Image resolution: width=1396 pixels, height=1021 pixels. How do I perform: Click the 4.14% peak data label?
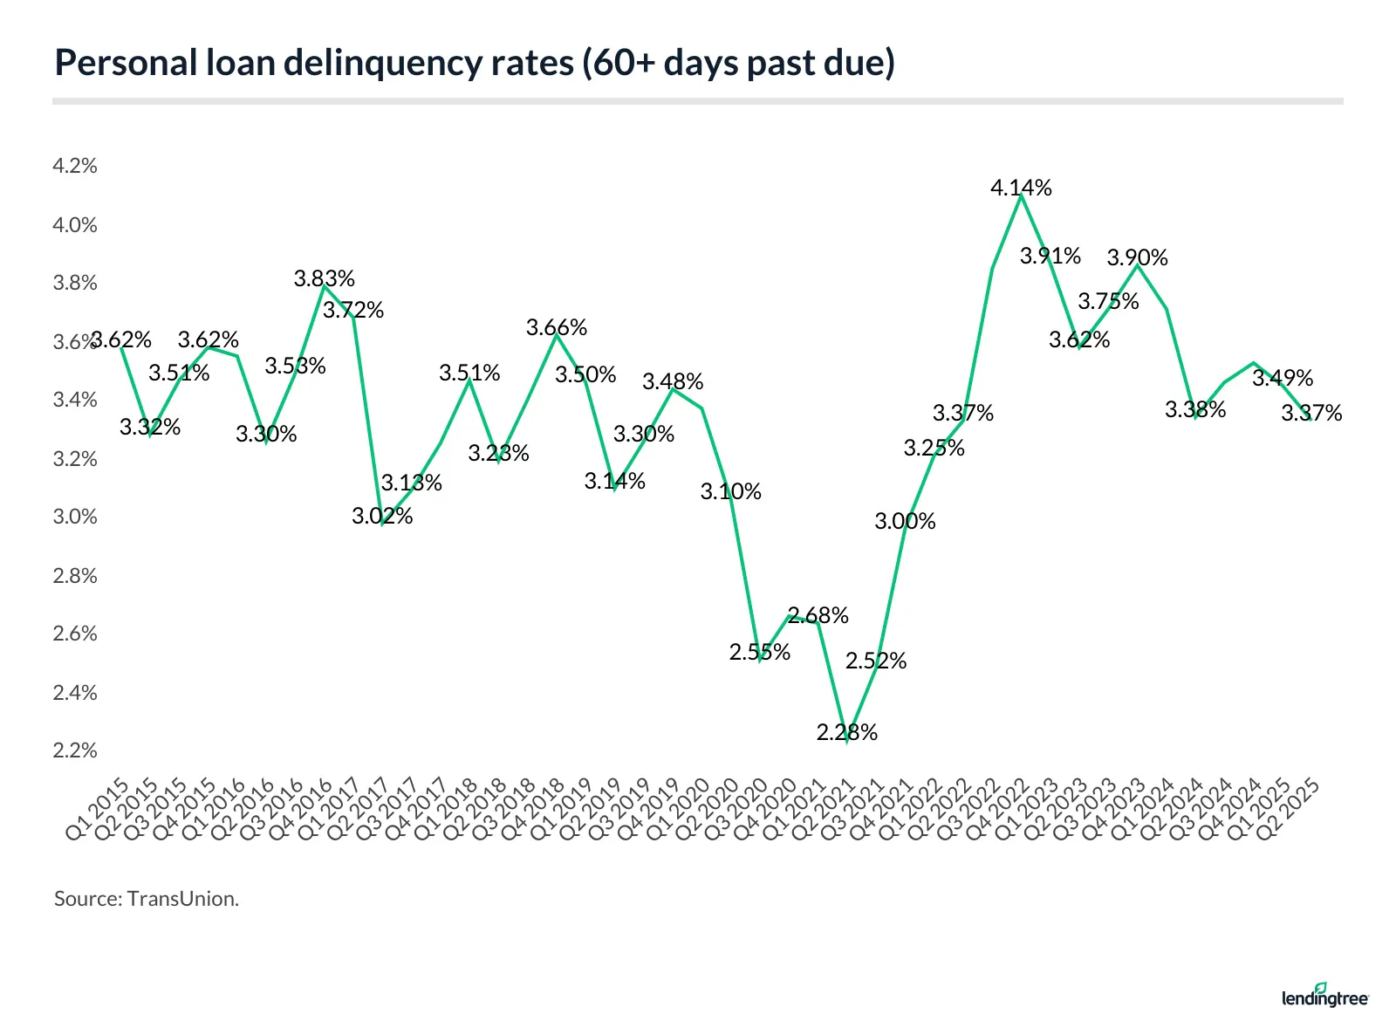tap(1021, 188)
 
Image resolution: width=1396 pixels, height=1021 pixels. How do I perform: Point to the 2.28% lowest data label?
tap(846, 732)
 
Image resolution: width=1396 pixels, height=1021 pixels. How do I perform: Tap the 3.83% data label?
tap(324, 278)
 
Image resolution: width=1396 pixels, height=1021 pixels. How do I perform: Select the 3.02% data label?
tap(382, 516)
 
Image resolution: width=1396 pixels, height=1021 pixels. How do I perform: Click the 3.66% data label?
tap(556, 327)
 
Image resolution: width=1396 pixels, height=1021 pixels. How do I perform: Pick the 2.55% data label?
tap(759, 652)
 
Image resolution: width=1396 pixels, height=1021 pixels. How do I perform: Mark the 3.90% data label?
tap(1137, 257)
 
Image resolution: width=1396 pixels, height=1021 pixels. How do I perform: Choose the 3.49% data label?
tap(1282, 378)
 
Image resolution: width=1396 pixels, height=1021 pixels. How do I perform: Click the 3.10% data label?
tap(730, 491)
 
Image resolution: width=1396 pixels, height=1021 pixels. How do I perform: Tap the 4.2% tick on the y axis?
tap(75, 166)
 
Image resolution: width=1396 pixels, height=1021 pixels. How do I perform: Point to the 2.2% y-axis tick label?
tap(75, 750)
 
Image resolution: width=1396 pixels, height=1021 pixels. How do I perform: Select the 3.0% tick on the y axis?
tap(75, 517)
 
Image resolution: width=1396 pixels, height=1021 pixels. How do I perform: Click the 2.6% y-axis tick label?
tap(75, 634)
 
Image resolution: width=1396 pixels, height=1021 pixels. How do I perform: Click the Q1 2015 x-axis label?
tap(98, 809)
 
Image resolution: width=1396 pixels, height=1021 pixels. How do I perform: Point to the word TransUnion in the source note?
tap(182, 899)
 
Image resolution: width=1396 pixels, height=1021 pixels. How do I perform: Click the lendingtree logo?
tap(1324, 997)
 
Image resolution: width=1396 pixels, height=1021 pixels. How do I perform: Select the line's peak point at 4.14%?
tap(1021, 196)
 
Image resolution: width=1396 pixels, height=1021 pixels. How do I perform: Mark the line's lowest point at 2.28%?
tap(846, 740)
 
